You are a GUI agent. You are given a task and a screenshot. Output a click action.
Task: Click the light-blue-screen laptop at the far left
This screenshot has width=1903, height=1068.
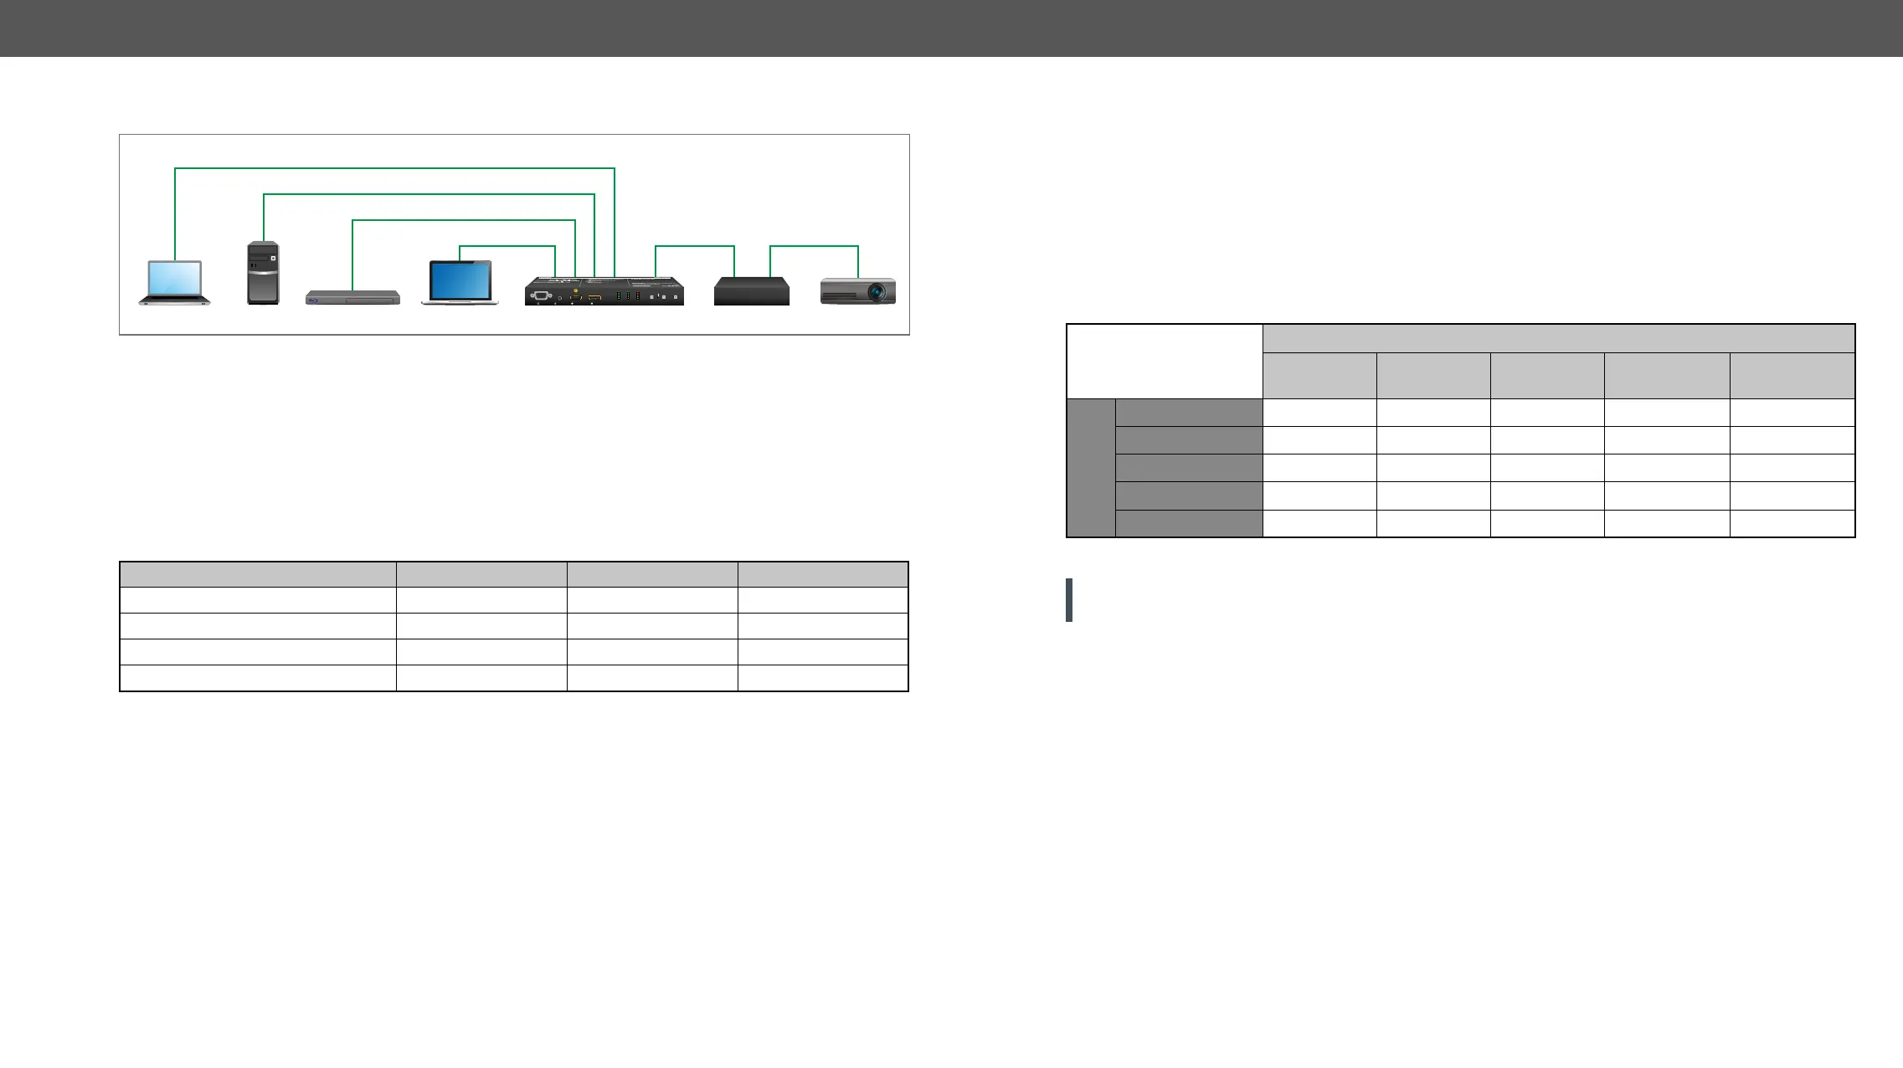pyautogui.click(x=174, y=283)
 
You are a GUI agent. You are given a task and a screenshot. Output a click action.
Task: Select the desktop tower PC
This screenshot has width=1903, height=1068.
pyautogui.click(x=263, y=273)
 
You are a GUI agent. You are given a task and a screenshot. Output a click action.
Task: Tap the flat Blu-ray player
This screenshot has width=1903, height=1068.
pyautogui.click(x=352, y=298)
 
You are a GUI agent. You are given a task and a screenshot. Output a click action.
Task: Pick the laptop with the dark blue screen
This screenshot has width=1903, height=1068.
pyautogui.click(x=460, y=283)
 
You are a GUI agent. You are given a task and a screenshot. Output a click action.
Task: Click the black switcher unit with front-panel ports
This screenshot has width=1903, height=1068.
pyautogui.click(x=604, y=292)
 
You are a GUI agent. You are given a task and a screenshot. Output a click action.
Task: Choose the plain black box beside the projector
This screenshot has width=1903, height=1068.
pyautogui.click(x=751, y=291)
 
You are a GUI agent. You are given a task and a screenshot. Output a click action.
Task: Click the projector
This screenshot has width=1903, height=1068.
pyautogui.click(x=857, y=291)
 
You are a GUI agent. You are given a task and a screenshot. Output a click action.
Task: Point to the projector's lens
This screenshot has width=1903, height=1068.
pyautogui.click(x=877, y=292)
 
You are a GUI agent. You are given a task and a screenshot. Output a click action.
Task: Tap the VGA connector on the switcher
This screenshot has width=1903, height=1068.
pyautogui.click(x=541, y=295)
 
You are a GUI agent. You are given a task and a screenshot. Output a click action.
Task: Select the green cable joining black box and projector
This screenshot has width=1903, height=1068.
pyautogui.click(x=814, y=246)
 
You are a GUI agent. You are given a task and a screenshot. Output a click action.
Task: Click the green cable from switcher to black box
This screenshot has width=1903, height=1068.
pyautogui.click(x=695, y=246)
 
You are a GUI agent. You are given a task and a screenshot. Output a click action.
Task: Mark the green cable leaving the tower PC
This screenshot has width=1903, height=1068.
pyautogui.click(x=429, y=195)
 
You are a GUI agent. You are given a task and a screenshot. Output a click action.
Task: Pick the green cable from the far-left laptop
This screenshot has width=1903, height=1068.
pyautogui.click(x=393, y=169)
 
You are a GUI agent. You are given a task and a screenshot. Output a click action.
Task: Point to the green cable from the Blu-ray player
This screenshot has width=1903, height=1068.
pyautogui.click(x=464, y=221)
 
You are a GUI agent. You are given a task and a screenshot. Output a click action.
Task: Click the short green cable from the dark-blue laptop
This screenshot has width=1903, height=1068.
pyautogui.click(x=507, y=246)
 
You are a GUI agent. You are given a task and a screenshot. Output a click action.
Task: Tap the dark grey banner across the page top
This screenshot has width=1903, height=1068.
pyautogui.click(x=951, y=28)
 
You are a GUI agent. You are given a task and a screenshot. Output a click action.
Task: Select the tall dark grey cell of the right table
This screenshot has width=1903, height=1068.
pyautogui.click(x=1091, y=468)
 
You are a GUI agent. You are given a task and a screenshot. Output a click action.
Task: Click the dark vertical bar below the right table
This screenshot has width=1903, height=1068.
pyautogui.click(x=1069, y=600)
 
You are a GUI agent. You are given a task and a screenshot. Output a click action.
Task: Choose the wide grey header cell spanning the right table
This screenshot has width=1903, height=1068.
pyautogui.click(x=1558, y=338)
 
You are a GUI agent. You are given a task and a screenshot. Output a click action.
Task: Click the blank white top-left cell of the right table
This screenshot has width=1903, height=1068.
pyautogui.click(x=1164, y=362)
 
